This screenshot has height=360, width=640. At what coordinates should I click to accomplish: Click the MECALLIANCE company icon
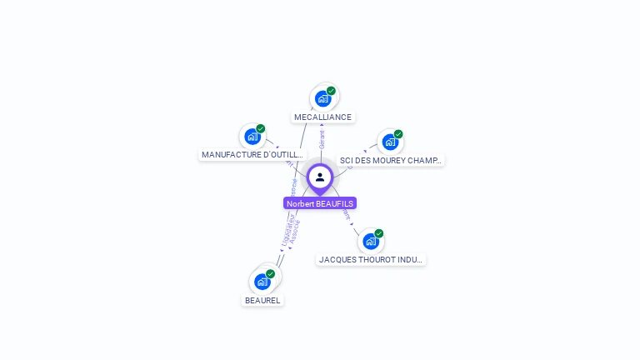(322, 99)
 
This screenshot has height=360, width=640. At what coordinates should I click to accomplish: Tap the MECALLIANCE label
(322, 117)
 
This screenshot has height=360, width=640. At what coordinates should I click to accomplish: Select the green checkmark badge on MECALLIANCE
(331, 91)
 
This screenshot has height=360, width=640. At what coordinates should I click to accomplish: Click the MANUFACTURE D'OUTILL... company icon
(252, 137)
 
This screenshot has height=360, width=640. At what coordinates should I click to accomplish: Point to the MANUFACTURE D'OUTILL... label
(253, 154)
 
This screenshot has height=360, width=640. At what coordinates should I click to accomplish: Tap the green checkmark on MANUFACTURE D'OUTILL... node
(260, 129)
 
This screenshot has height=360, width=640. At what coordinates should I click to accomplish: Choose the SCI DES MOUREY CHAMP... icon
(389, 142)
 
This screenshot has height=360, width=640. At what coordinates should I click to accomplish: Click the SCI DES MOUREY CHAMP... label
(391, 160)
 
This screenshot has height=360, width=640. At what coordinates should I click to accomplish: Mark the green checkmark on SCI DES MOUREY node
(398, 134)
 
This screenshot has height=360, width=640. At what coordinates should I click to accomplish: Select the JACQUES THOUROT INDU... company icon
(370, 242)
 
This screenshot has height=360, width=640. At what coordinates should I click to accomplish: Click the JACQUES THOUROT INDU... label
(371, 259)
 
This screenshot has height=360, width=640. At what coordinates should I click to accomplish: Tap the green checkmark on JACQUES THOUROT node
(379, 233)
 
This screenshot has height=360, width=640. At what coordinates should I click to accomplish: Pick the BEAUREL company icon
(262, 281)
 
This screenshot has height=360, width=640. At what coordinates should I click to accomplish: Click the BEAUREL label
(262, 300)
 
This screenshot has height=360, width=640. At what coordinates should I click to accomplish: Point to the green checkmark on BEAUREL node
(270, 273)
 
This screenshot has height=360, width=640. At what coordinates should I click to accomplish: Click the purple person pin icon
(320, 177)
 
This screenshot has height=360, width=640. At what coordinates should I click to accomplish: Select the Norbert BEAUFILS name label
(320, 203)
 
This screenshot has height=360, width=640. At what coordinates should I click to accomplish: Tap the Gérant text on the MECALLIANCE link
(322, 140)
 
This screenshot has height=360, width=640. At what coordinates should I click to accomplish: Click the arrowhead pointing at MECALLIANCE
(322, 124)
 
